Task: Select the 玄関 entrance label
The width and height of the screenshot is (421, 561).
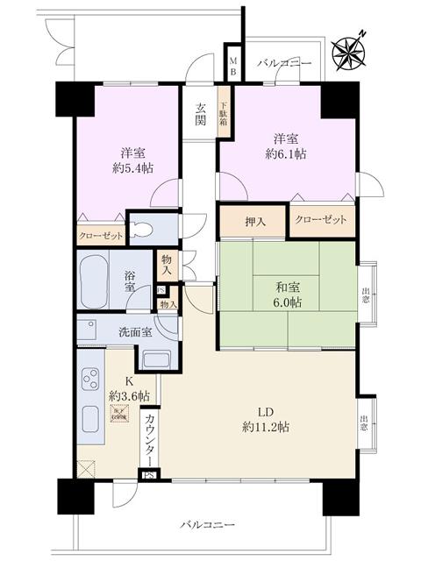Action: (x=200, y=114)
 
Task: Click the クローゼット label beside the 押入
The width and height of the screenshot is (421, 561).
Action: (x=322, y=220)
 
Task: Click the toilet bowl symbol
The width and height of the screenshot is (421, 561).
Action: (x=145, y=231)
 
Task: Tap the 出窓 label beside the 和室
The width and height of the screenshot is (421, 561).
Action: (x=365, y=294)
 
